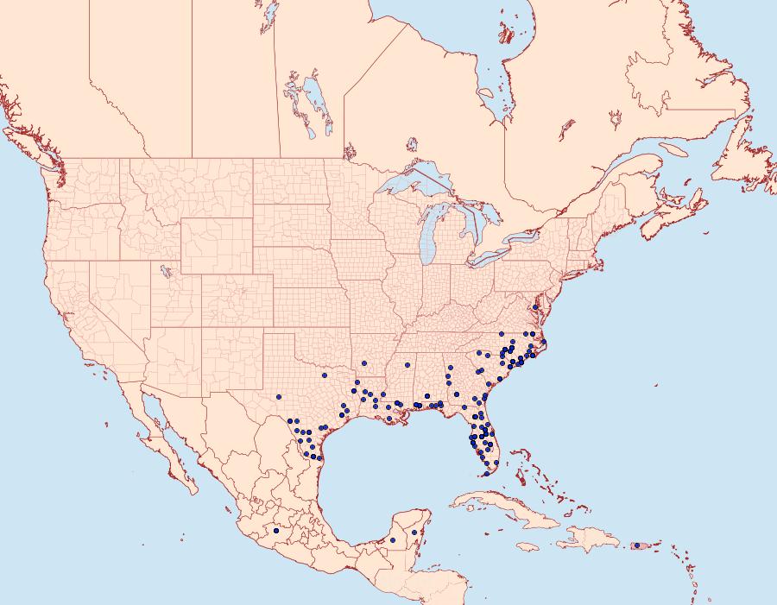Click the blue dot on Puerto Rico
pyautogui.click(x=637, y=545)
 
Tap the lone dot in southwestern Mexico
pyautogui.click(x=276, y=531)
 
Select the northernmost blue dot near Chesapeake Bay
pyautogui.click(x=535, y=307)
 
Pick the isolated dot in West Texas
pyautogui.click(x=279, y=397)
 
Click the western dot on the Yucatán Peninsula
pyautogui.click(x=393, y=540)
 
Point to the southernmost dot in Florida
pyautogui.click(x=487, y=473)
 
